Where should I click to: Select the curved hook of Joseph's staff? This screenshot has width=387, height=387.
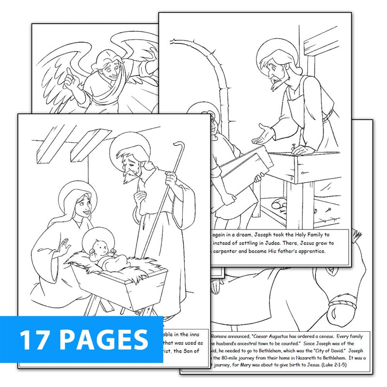pyautogui.click(x=178, y=148)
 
